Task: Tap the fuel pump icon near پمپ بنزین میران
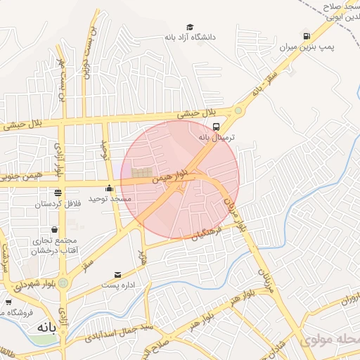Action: click(x=306, y=36)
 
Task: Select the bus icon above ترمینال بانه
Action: click(x=216, y=127)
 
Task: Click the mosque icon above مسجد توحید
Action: click(x=109, y=188)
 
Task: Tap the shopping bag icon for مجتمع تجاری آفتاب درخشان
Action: click(x=54, y=229)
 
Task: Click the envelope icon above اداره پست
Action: click(x=117, y=274)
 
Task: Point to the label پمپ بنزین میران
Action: click(x=326, y=48)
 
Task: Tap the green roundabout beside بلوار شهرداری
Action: click(x=64, y=283)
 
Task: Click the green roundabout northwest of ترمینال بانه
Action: click(x=238, y=110)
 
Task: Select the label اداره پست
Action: click(x=117, y=285)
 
